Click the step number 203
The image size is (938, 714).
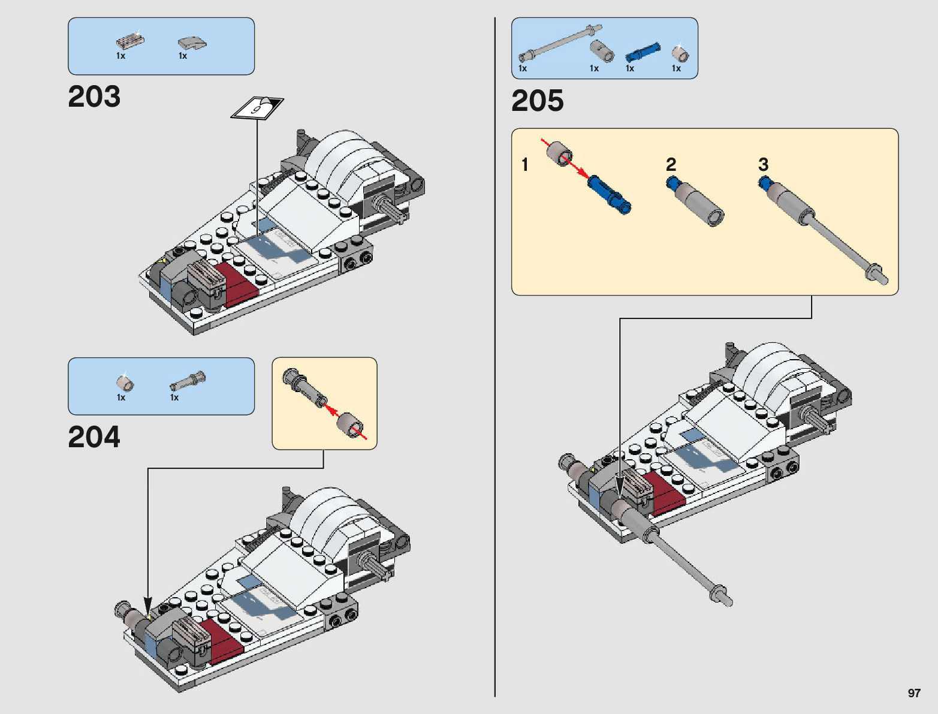click(94, 96)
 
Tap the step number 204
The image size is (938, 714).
click(94, 436)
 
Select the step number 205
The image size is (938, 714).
click(538, 101)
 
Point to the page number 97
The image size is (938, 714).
click(914, 692)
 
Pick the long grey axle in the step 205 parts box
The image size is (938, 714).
click(560, 43)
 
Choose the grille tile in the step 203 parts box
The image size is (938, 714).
click(130, 41)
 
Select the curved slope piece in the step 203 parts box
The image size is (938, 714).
click(192, 44)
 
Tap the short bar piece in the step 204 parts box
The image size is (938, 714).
click(188, 381)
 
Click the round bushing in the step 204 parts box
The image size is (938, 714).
click(125, 383)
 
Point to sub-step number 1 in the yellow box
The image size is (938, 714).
click(525, 164)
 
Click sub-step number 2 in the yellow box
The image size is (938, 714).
click(671, 164)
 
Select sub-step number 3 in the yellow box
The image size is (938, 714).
click(763, 164)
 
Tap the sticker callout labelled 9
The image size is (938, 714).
click(257, 108)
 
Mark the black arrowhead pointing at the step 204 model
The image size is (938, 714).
click(148, 607)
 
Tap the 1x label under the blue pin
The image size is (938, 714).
click(630, 68)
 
